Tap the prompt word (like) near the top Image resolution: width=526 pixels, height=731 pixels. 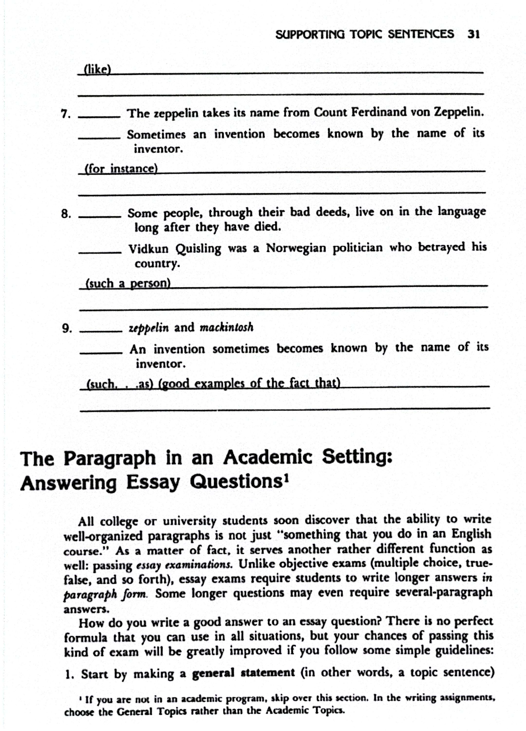pyautogui.click(x=97, y=69)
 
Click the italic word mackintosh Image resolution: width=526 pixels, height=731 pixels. pyautogui.click(x=226, y=327)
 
